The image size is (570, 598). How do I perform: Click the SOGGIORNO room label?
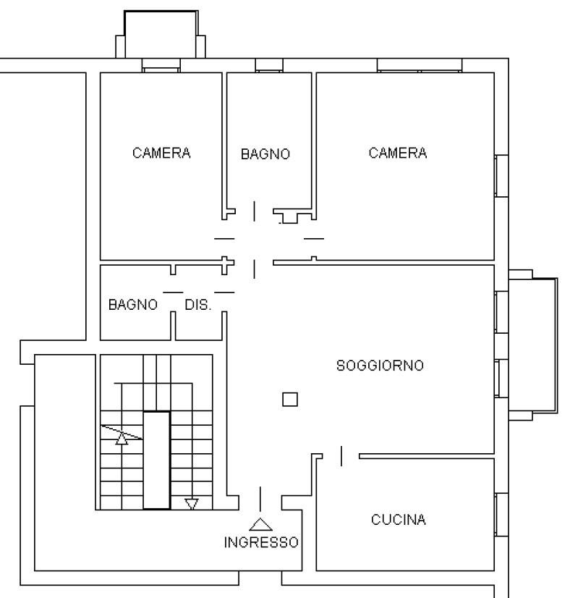380,366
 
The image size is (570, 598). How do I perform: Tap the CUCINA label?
398,519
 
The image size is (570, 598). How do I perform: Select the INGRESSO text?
261,542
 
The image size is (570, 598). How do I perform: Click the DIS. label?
197,305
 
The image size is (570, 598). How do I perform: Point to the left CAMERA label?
161,153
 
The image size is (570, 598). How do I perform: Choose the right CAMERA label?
397,153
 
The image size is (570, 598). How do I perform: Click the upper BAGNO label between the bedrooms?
265,154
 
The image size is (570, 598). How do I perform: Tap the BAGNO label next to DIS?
132,305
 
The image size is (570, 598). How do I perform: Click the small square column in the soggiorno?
290,400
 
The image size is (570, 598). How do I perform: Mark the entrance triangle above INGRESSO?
260,525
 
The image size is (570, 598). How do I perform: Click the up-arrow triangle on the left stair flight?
122,439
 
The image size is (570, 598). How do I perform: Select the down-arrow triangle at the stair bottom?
191,504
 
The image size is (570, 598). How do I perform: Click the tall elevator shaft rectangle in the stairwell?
156,460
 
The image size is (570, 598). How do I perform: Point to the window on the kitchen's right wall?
501,515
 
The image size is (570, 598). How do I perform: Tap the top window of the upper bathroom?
269,65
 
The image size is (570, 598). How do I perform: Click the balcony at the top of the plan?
161,34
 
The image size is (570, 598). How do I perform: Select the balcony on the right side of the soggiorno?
533,345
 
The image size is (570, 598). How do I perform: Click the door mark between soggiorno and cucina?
341,456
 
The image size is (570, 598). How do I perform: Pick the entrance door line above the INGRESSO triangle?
260,499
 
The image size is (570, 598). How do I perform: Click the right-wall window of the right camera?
501,176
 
